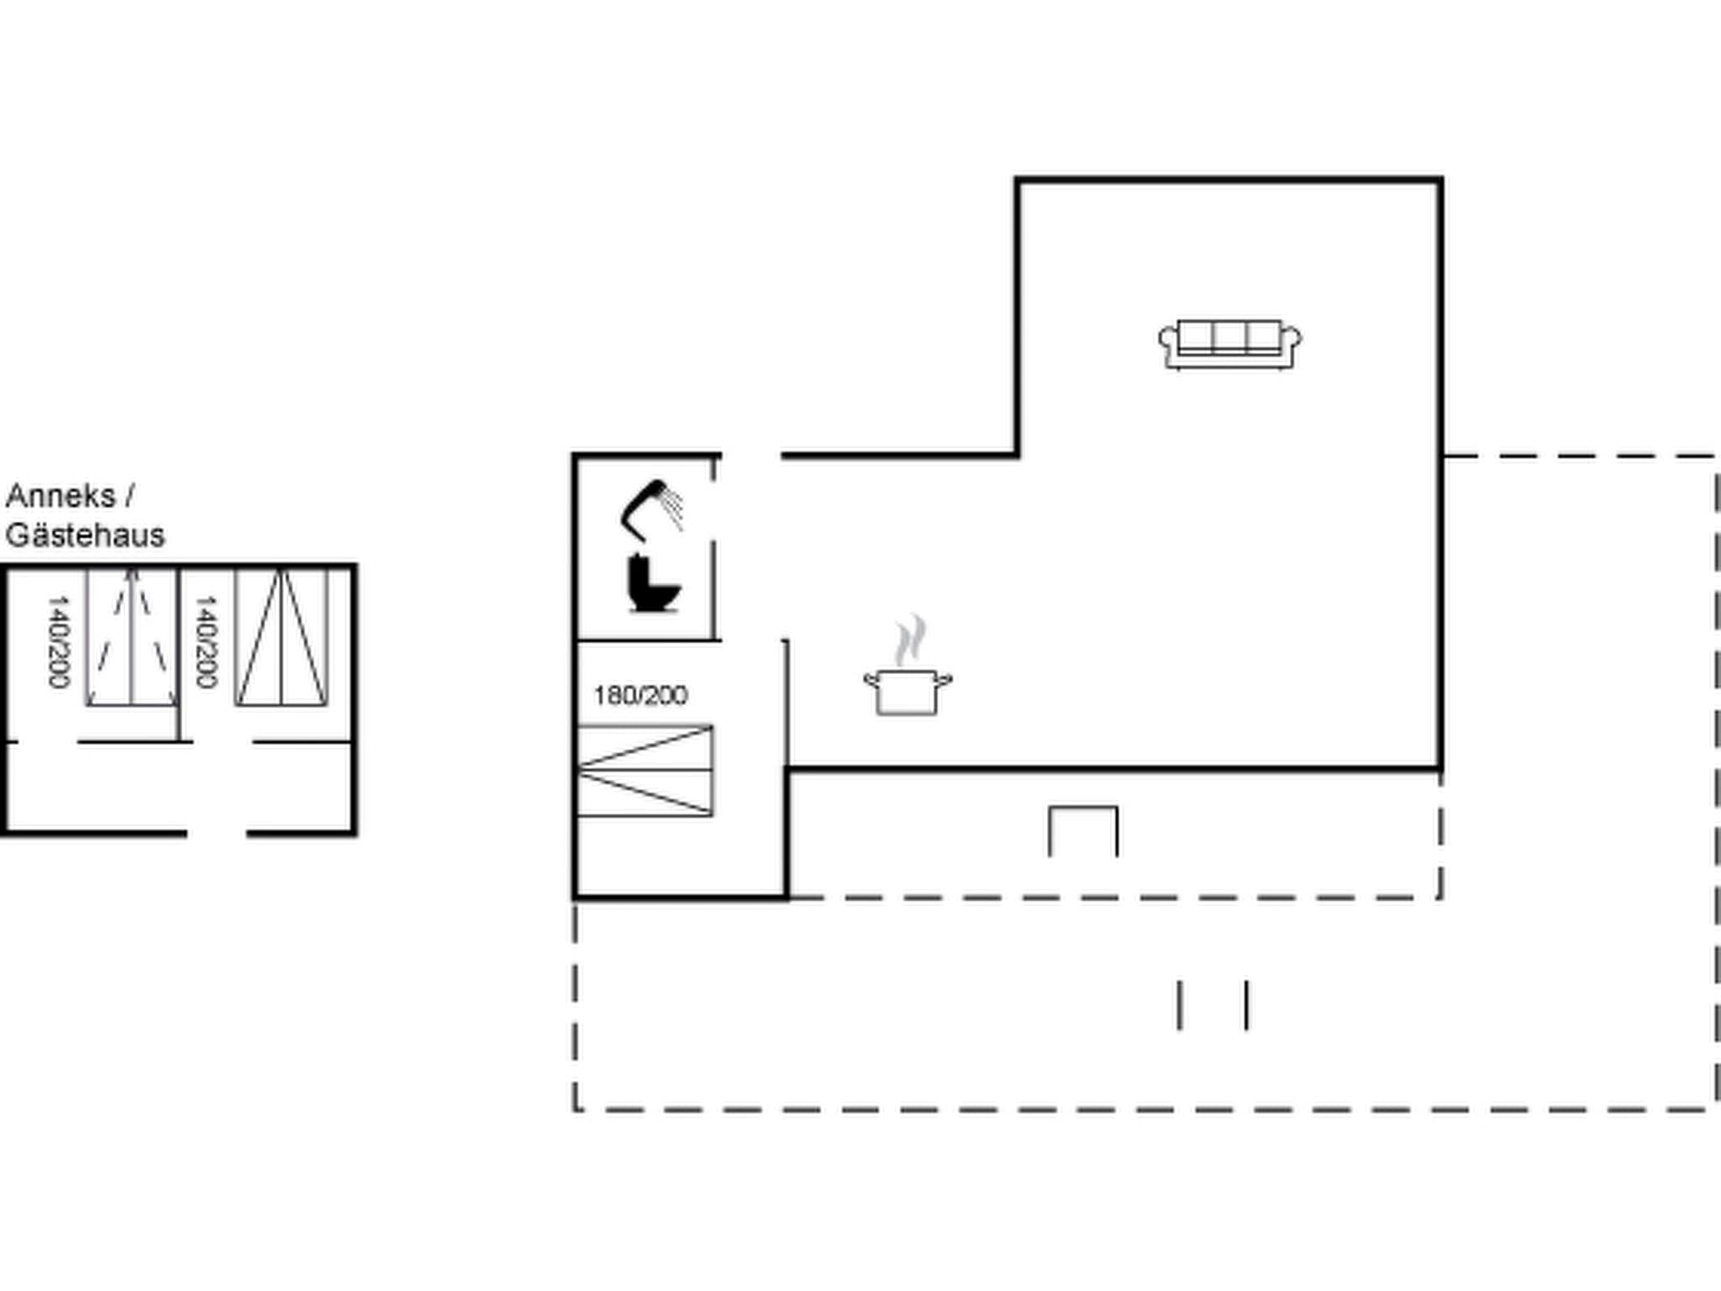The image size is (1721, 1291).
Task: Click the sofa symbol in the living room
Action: [x=1230, y=344]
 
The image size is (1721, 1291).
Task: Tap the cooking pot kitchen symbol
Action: [x=908, y=691]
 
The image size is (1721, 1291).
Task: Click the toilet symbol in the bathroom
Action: [x=653, y=583]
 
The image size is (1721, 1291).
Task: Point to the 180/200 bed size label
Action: [x=640, y=696]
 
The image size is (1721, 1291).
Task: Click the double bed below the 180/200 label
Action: [x=645, y=771]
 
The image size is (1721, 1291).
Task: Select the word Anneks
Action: [x=60, y=496]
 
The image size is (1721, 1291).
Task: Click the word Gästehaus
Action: [x=85, y=535]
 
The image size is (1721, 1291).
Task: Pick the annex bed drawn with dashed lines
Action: [x=131, y=637]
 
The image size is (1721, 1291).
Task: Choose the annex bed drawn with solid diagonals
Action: [x=281, y=637]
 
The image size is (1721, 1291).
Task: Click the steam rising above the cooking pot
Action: [x=910, y=640]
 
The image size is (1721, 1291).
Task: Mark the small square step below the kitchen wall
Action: [x=1083, y=830]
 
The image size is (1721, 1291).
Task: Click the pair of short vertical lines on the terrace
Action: [x=1213, y=1004]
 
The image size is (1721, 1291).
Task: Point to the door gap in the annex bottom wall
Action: [x=216, y=833]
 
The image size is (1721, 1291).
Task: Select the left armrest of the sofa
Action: [x=1167, y=341]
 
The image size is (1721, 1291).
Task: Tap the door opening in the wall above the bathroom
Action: [x=750, y=456]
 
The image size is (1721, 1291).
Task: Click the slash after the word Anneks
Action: [x=129, y=496]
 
